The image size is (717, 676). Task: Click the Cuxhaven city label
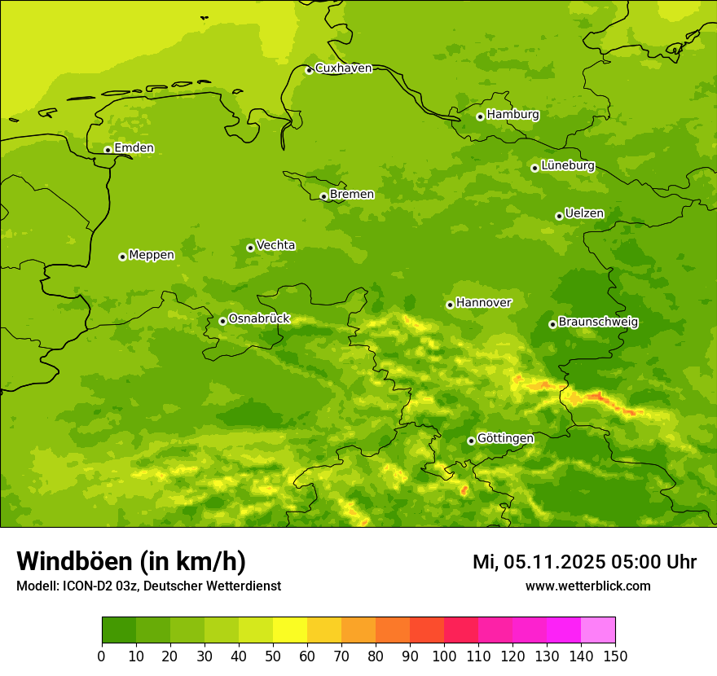tap(343, 68)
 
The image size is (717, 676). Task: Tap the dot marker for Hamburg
tap(481, 116)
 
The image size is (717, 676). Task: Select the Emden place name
tap(134, 148)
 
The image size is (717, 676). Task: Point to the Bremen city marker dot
tap(323, 196)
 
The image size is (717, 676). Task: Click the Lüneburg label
tap(567, 165)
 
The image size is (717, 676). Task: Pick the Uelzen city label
tap(584, 214)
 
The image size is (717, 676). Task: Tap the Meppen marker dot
tap(123, 257)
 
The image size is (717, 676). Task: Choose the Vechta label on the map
tap(275, 245)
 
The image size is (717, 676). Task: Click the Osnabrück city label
tap(259, 318)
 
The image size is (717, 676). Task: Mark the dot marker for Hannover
tap(450, 305)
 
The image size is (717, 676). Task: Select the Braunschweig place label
tap(598, 323)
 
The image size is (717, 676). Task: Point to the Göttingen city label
tap(505, 438)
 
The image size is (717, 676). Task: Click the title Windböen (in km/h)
tap(131, 561)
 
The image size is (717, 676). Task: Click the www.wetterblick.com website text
tap(587, 586)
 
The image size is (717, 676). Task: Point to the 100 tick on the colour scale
tap(444, 655)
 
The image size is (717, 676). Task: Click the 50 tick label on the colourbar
tap(273, 655)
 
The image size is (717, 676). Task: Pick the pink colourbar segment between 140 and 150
tap(598, 630)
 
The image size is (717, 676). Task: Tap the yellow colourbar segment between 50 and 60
tap(290, 630)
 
